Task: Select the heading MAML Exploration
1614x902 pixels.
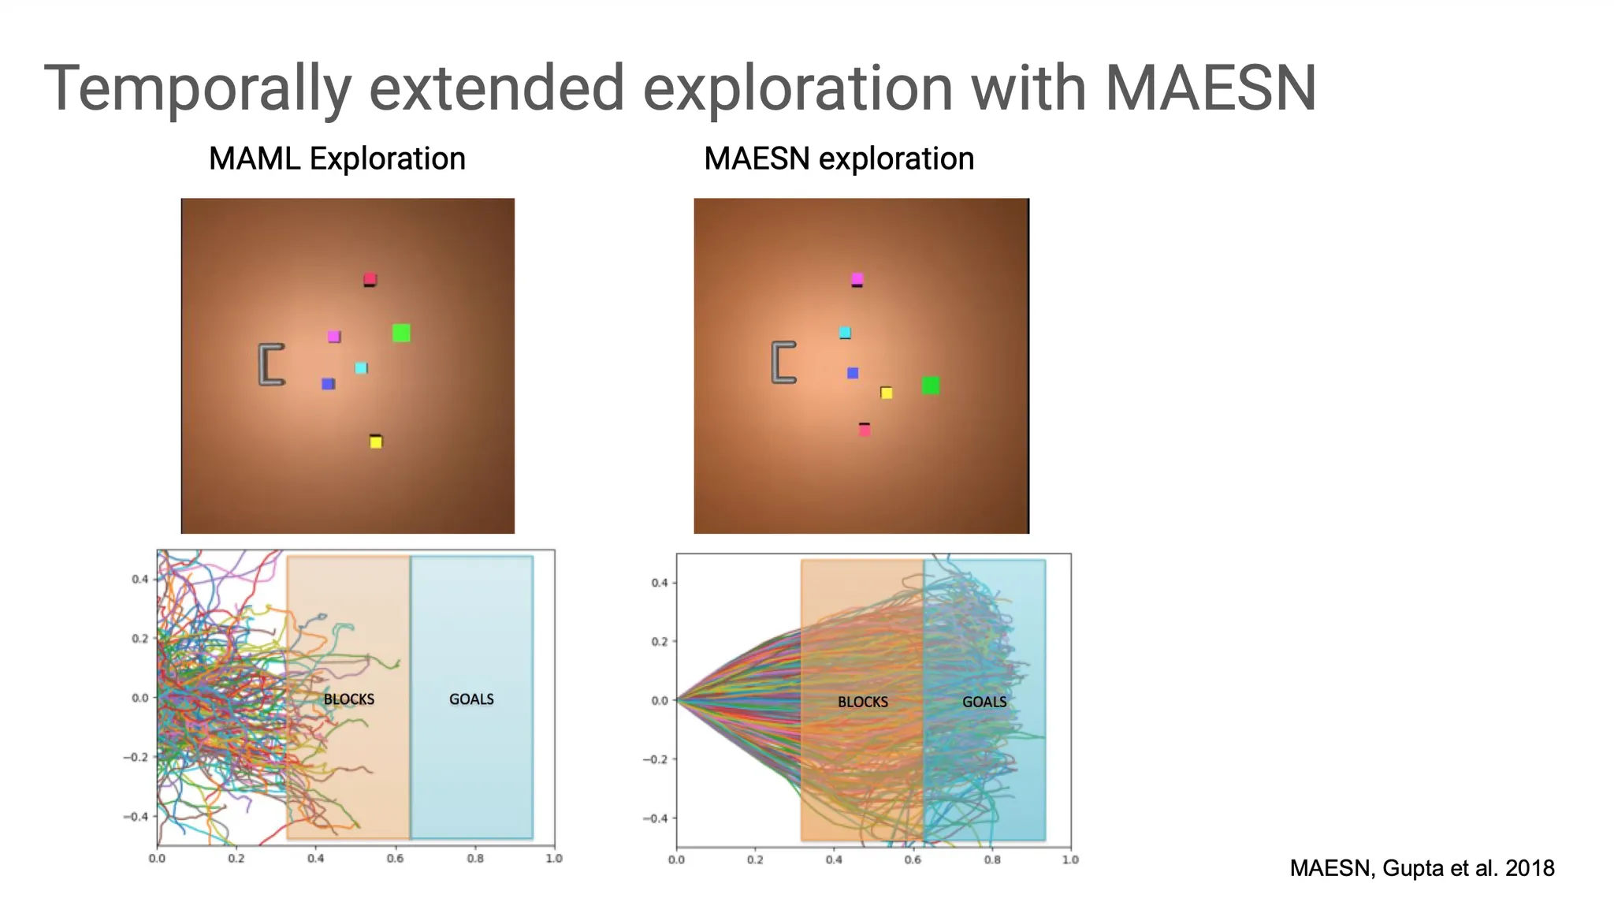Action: pyautogui.click(x=337, y=158)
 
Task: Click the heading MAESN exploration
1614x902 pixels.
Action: pyautogui.click(x=839, y=158)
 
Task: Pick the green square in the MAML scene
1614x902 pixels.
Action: pyautogui.click(x=401, y=333)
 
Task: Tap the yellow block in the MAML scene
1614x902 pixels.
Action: pyautogui.click(x=376, y=442)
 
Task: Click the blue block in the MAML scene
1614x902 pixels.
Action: pyautogui.click(x=328, y=384)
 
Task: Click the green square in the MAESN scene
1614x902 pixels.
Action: pyautogui.click(x=931, y=386)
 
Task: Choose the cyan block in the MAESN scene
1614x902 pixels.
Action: pyautogui.click(x=845, y=333)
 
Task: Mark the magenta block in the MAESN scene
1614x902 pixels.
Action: pyautogui.click(x=857, y=279)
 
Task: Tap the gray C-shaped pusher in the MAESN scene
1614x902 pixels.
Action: pyautogui.click(x=783, y=362)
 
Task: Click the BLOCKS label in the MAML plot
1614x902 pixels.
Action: pyautogui.click(x=349, y=699)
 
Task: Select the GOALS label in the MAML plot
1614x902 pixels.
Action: pyautogui.click(x=471, y=699)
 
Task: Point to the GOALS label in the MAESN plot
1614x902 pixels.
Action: pyautogui.click(x=984, y=702)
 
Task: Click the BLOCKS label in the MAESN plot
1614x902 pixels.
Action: pyautogui.click(x=862, y=702)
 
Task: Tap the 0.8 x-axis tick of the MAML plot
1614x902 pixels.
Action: pyautogui.click(x=475, y=858)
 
